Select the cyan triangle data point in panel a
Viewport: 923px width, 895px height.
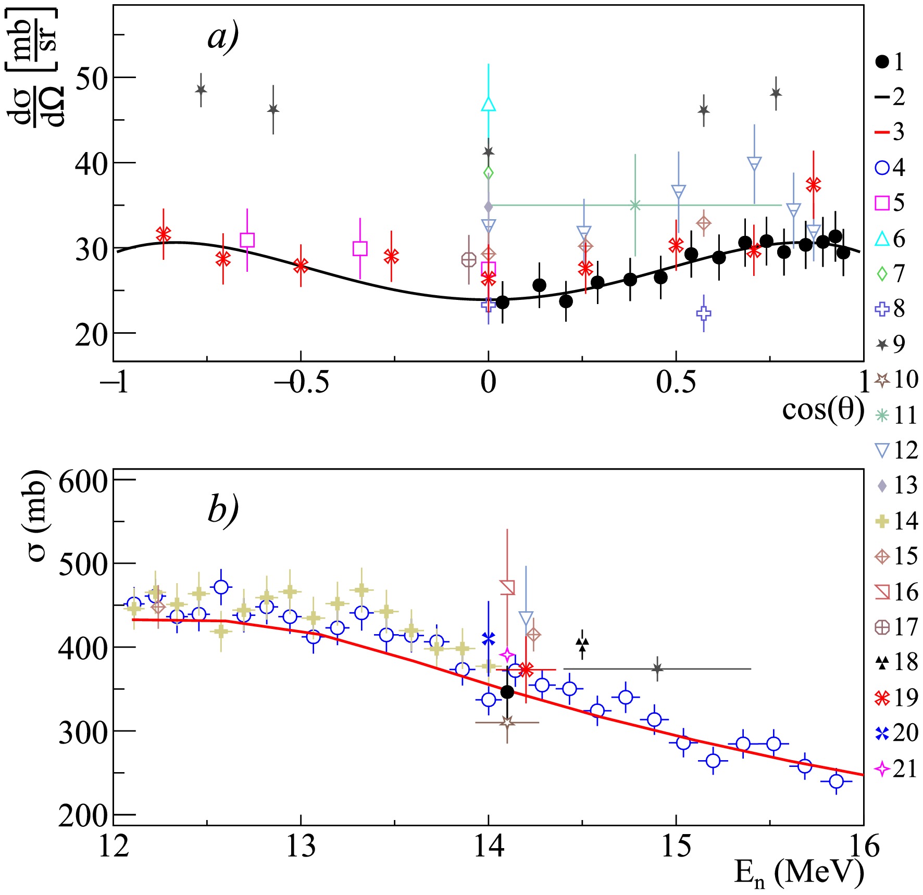click(488, 104)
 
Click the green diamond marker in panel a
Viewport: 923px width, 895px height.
click(488, 172)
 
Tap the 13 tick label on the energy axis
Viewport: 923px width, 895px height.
click(301, 847)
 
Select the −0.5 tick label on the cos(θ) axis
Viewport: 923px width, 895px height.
click(301, 383)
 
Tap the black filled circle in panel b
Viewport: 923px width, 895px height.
click(507, 692)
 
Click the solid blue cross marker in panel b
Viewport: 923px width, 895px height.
click(488, 638)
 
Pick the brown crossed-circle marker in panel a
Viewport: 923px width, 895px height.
click(469, 259)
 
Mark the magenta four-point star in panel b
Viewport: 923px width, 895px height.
click(507, 655)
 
